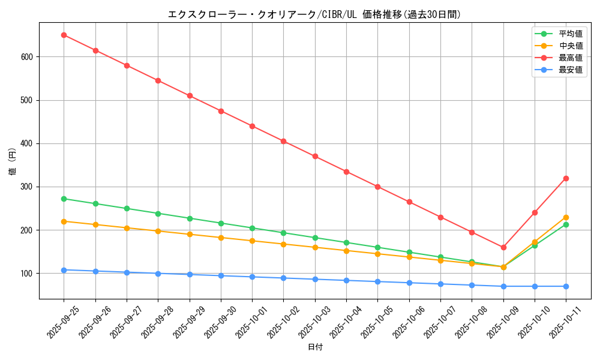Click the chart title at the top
coord(314,14)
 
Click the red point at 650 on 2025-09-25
coord(64,35)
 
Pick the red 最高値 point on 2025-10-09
coord(503,247)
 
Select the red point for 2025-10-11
coord(566,178)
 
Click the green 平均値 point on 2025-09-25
coord(64,199)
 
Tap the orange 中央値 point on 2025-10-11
coord(566,217)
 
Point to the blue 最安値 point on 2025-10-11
coord(566,286)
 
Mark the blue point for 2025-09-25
coord(64,270)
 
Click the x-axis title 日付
coord(315,347)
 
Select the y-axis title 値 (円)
coord(13,162)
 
